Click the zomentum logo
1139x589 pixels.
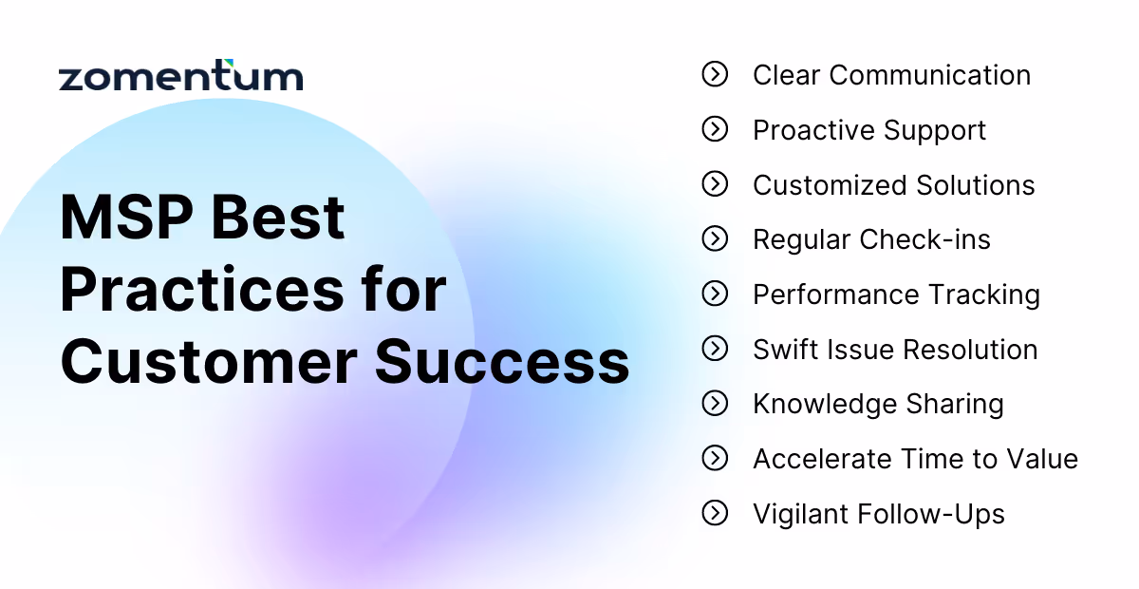click(181, 76)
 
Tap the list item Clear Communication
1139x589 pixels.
click(891, 75)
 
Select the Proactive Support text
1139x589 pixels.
click(869, 130)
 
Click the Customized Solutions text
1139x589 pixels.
click(893, 184)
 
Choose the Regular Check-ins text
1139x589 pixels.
click(871, 239)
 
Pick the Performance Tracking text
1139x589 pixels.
click(896, 294)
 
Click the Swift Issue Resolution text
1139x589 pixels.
click(895, 350)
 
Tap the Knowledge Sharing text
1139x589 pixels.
click(878, 404)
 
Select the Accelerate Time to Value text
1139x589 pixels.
click(915, 459)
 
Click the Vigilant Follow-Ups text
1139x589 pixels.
click(878, 514)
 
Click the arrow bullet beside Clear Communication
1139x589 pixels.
click(715, 74)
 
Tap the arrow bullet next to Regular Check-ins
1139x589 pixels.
click(715, 238)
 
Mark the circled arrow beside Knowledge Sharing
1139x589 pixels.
click(715, 404)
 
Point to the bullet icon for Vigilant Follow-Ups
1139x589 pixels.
click(715, 513)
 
